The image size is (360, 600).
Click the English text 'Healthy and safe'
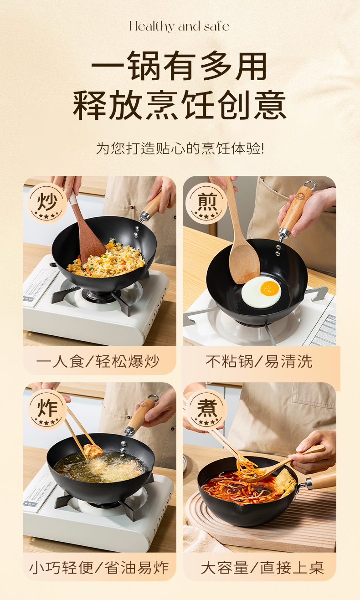pos(179,26)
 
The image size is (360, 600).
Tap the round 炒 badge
pos(46,203)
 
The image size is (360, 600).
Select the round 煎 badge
pos(206,203)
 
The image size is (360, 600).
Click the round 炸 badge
pos(46,410)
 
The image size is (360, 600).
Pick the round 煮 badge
pos(206,410)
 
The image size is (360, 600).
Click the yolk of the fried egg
pos(271,288)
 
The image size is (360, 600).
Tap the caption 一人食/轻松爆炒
pos(98,362)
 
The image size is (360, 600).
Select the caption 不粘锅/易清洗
pos(259,362)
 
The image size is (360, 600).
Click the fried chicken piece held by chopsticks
pos(93,451)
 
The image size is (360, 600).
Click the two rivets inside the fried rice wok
pos(137,232)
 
